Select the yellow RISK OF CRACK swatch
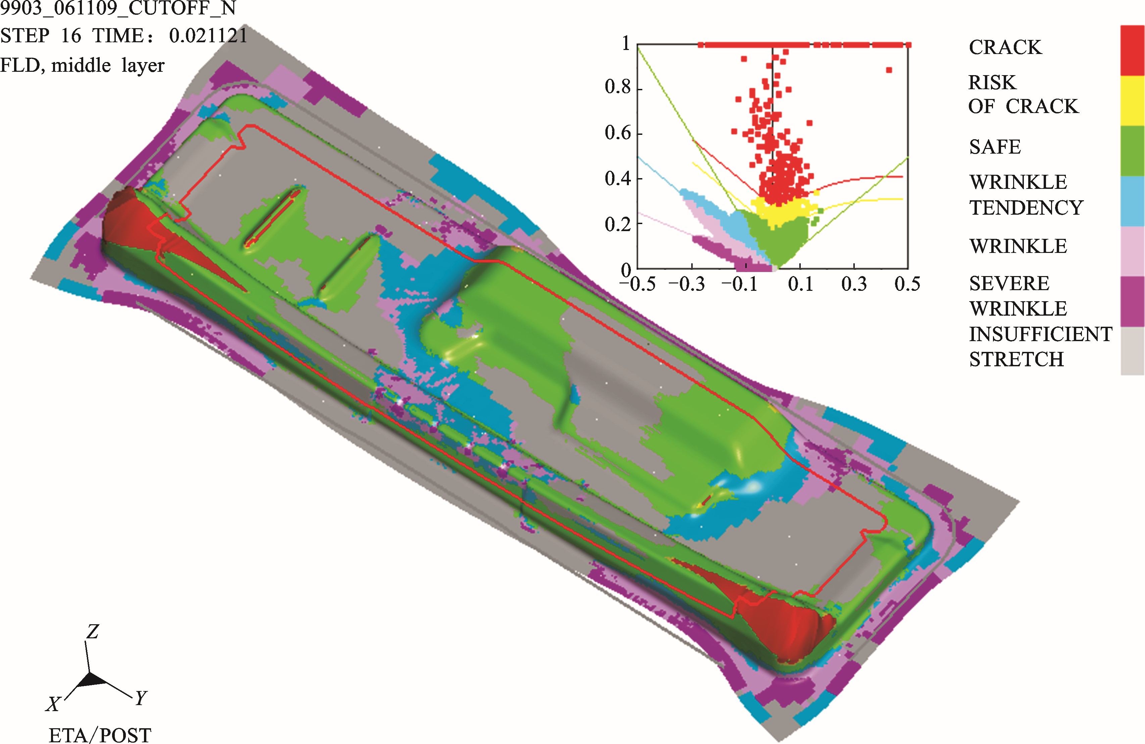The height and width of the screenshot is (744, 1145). [x=1133, y=101]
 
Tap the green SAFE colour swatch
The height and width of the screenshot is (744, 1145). [x=1133, y=151]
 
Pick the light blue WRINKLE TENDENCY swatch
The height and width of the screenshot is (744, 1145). [x=1133, y=201]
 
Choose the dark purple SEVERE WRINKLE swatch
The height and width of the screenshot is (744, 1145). [x=1133, y=302]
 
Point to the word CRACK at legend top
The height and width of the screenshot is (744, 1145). [x=1005, y=47]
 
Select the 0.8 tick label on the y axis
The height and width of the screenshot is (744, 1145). [x=618, y=87]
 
